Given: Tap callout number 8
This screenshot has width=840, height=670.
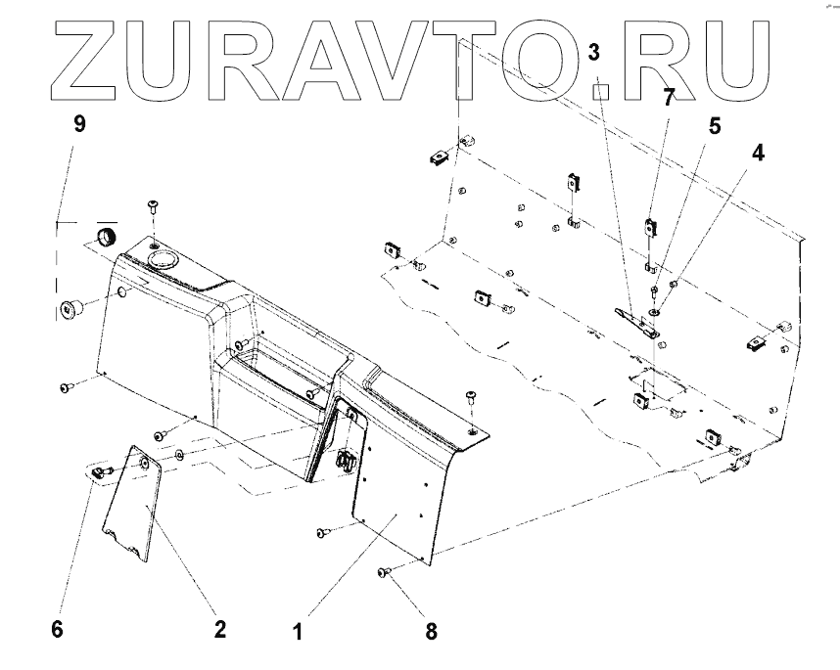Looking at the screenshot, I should [x=432, y=631].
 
